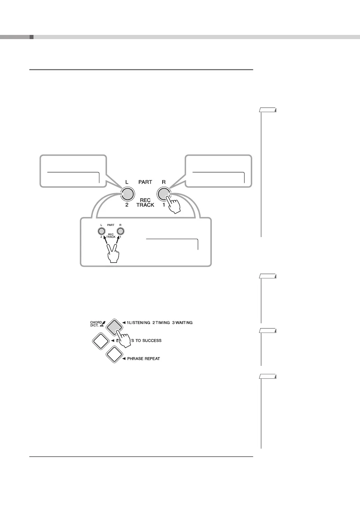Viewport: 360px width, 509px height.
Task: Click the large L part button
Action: (127, 193)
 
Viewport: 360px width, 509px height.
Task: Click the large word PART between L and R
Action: (145, 182)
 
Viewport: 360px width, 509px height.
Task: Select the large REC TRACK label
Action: (145, 203)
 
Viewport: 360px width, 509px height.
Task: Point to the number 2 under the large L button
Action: (127, 205)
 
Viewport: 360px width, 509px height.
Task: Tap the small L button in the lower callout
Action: (101, 231)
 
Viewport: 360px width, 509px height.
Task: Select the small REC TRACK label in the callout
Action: (111, 236)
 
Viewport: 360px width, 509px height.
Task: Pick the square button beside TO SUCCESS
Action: (100, 340)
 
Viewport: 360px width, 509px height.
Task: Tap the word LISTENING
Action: (138, 323)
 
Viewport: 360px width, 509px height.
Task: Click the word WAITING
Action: (184, 323)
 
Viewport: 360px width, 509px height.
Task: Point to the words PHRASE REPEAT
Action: (143, 359)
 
